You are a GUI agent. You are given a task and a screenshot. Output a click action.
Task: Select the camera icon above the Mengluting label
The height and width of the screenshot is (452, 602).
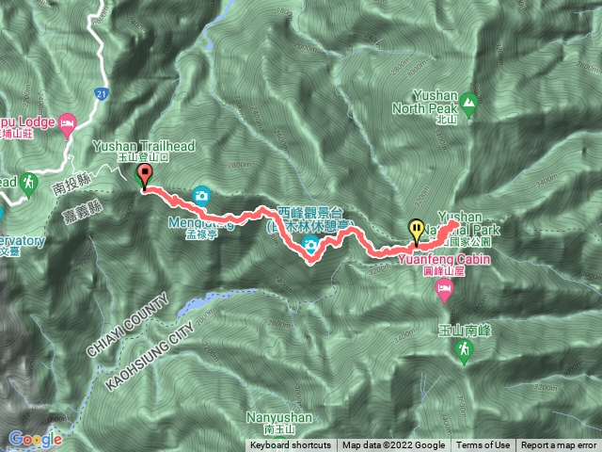pos(201,195)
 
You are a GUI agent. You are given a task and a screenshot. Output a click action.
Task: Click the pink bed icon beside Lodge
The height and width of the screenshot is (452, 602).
pos(67,122)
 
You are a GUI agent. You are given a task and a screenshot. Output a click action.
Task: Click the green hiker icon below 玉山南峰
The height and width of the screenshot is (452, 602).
pos(462,351)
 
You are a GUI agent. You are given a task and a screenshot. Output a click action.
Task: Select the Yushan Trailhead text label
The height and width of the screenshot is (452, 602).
pos(132,147)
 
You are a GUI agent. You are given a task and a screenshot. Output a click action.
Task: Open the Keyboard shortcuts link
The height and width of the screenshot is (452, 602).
pos(291,445)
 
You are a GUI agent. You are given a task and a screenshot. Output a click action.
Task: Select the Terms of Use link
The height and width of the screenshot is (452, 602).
pos(483,445)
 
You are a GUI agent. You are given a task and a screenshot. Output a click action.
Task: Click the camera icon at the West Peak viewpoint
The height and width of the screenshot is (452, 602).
pos(310,247)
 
